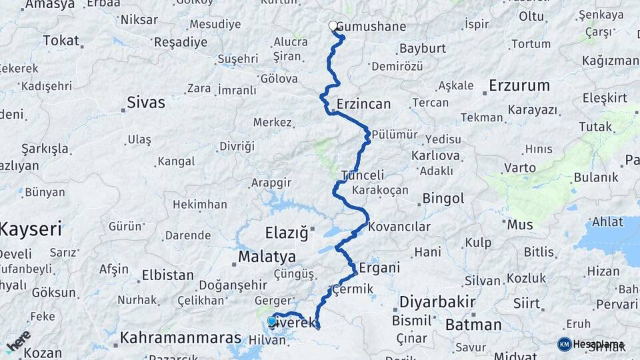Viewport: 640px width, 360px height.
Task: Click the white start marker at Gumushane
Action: click(x=333, y=26)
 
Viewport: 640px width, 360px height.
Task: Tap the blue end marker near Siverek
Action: click(x=271, y=321)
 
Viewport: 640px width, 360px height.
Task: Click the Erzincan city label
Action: click(x=363, y=104)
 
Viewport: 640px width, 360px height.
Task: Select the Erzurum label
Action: click(x=519, y=85)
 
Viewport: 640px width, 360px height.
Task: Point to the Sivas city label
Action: click(x=146, y=103)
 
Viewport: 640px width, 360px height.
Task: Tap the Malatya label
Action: click(x=267, y=257)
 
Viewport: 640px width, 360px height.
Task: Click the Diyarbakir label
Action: click(x=437, y=302)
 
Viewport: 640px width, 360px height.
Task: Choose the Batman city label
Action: click(x=473, y=325)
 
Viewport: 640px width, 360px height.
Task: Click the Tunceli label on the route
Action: click(x=363, y=175)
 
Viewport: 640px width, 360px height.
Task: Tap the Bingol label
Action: click(x=443, y=199)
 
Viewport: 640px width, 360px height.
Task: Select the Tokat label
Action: click(x=61, y=41)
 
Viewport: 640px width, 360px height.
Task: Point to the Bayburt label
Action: click(x=422, y=49)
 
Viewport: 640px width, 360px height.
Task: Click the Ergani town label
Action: click(x=379, y=268)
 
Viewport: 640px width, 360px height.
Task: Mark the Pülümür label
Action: click(x=395, y=134)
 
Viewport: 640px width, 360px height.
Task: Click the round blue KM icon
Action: click(x=565, y=344)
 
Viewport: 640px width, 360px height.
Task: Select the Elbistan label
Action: click(x=167, y=275)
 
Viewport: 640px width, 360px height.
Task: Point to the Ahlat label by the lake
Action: click(x=607, y=222)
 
